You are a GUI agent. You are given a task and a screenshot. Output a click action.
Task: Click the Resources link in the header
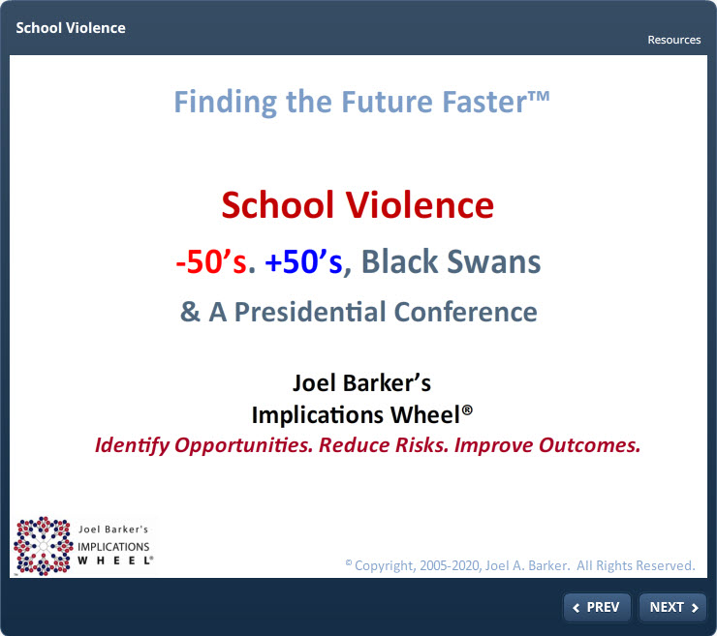click(674, 40)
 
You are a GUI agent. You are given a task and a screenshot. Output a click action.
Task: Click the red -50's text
click(211, 261)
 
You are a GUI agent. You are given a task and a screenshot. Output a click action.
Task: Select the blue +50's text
click(303, 261)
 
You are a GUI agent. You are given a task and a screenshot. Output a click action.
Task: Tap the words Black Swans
click(451, 261)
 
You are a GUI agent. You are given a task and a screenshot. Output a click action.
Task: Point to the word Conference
click(465, 312)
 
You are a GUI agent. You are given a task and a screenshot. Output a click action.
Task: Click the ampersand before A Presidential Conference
click(190, 312)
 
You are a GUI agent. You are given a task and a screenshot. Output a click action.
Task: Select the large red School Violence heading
click(358, 205)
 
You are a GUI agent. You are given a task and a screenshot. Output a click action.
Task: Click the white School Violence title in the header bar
click(71, 28)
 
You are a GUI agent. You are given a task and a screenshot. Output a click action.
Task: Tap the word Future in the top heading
click(387, 102)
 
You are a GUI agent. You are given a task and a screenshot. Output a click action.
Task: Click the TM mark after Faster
click(539, 96)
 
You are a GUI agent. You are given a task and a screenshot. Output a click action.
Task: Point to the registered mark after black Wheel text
click(467, 409)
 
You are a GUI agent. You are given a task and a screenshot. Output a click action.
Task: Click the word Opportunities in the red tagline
click(244, 445)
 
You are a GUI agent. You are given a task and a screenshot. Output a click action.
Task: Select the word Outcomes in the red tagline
click(589, 445)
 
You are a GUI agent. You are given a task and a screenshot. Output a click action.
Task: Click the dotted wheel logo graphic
click(43, 546)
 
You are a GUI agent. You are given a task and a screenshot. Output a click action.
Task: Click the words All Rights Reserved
click(636, 565)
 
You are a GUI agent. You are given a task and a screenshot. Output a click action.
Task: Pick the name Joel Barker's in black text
click(361, 383)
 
